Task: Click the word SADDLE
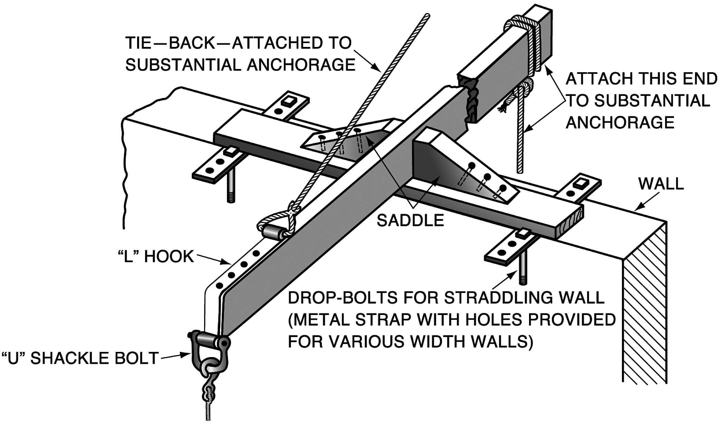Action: [410, 220]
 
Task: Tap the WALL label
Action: [661, 184]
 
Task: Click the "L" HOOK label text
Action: [156, 257]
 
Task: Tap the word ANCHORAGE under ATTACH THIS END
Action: [620, 122]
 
